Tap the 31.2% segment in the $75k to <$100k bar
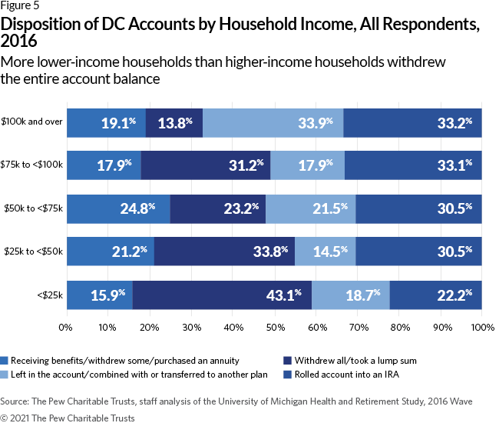[x=206, y=164]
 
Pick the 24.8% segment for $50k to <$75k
[x=117, y=207]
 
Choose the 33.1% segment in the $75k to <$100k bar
[x=413, y=164]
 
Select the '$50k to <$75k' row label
[x=34, y=208]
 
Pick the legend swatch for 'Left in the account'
[x=6, y=374]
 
